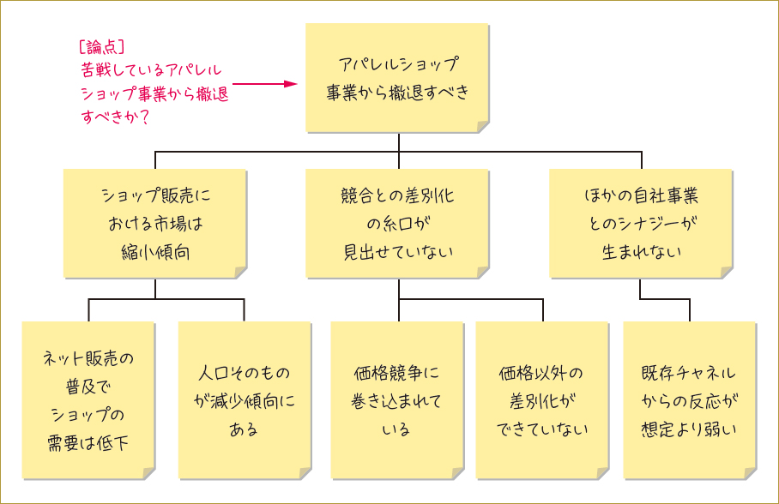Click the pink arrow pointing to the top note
(x=265, y=84)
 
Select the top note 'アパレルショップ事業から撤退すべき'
(x=397, y=78)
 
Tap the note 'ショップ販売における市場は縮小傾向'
(x=154, y=223)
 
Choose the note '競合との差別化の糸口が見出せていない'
(x=397, y=223)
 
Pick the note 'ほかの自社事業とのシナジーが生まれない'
(x=641, y=223)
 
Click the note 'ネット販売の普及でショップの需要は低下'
(x=88, y=399)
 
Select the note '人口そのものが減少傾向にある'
(x=245, y=399)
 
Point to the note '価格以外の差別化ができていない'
(x=541, y=399)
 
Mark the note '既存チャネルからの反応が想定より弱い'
(x=689, y=399)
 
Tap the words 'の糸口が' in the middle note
(x=397, y=224)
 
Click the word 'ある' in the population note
(x=245, y=429)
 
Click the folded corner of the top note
(x=483, y=127)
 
